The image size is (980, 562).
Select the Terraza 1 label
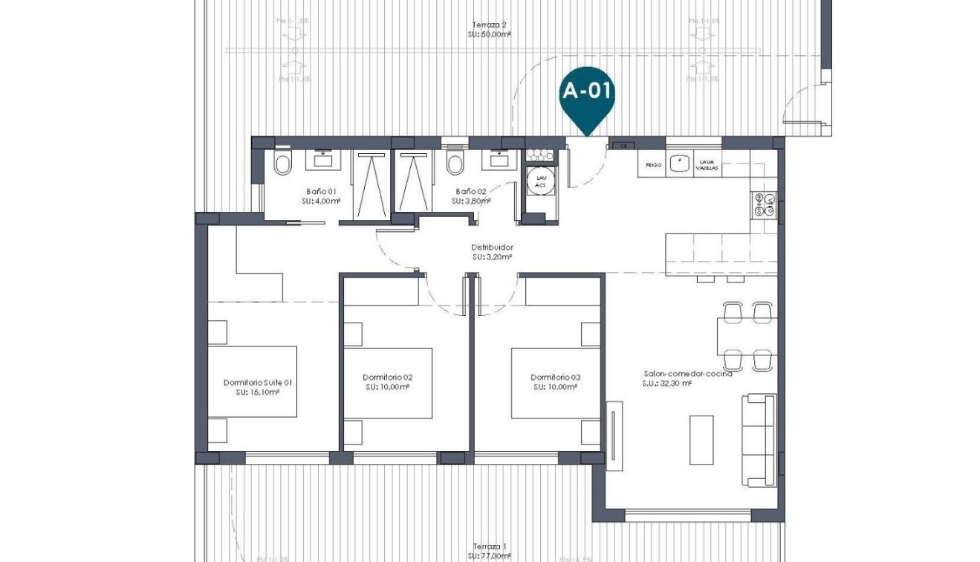click(490, 546)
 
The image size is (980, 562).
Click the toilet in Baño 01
click(282, 164)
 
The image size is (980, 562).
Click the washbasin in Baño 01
click(323, 158)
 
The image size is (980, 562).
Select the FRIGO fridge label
click(653, 165)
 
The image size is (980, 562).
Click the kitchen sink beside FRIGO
click(679, 164)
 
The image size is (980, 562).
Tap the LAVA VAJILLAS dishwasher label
click(707, 165)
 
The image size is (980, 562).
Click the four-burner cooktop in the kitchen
click(765, 205)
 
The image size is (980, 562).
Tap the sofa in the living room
click(759, 440)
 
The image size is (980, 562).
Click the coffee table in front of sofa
click(701, 439)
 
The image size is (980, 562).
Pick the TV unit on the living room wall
click(614, 435)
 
